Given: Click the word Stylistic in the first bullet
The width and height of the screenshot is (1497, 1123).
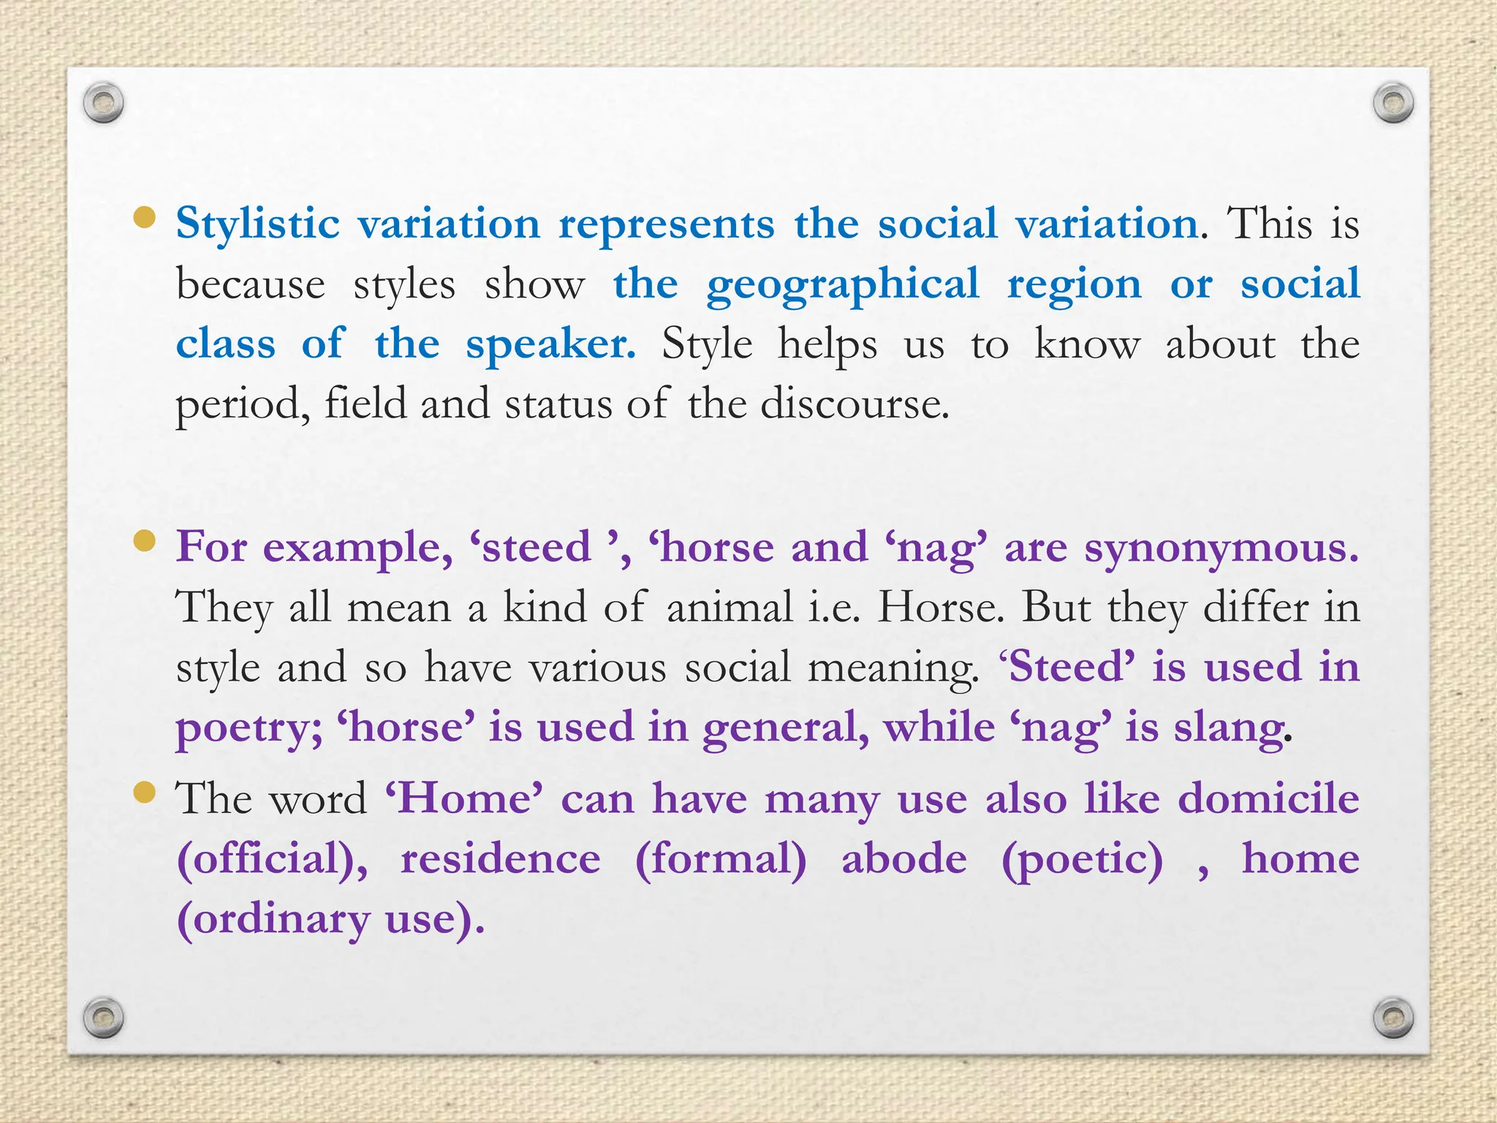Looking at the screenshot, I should pos(257,224).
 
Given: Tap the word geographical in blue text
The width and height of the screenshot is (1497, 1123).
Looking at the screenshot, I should pos(842,285).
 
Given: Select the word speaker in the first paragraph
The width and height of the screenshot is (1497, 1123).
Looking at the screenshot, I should pos(550,345).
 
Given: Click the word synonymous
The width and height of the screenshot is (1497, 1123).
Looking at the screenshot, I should pos(1221,548).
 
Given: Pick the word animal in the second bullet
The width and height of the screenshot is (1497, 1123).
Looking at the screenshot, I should pos(729,608).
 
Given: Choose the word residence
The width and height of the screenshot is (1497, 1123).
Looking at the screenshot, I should pos(500,858).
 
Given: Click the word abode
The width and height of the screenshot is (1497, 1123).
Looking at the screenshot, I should pos(903,858).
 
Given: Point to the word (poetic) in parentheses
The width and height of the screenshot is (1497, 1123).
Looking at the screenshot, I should pos(1082,860).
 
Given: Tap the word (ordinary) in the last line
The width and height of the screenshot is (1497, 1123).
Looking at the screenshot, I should pos(273,920).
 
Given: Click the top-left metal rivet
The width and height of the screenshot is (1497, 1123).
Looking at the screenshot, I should pos(103,103).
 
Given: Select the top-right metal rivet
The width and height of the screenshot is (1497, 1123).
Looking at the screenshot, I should pos(1393,103).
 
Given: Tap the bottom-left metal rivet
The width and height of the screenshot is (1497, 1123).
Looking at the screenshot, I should pos(103,1018).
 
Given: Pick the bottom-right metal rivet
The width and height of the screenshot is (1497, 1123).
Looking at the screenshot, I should pos(1393,1018).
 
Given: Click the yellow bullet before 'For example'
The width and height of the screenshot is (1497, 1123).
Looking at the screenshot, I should pos(145,541).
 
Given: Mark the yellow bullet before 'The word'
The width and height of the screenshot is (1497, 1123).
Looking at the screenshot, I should pos(145,793).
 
